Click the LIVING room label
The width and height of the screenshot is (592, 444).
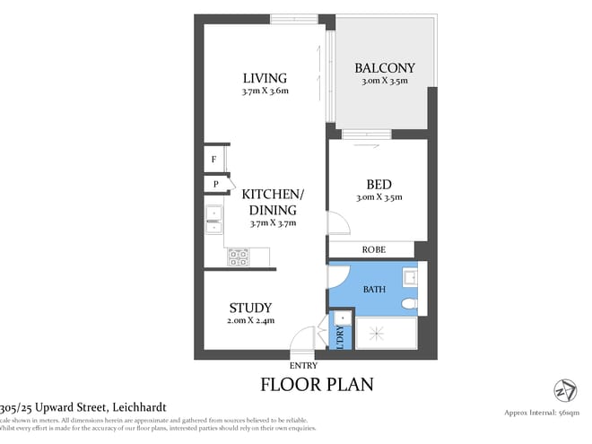[264, 77]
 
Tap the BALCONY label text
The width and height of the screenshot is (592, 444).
[384, 68]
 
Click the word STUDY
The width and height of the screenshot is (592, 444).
[250, 308]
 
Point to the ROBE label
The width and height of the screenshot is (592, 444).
[374, 250]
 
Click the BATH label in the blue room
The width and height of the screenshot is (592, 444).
[374, 289]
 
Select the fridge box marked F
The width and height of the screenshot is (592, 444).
[213, 160]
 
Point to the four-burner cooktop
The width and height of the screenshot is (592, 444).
[239, 257]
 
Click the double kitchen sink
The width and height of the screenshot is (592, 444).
[214, 220]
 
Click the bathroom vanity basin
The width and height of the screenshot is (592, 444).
[408, 276]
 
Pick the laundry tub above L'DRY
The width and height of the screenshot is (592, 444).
[341, 318]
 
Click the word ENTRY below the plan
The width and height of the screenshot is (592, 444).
[303, 366]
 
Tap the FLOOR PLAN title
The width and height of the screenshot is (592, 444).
[316, 386]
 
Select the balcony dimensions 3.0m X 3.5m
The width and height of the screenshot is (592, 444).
[384, 82]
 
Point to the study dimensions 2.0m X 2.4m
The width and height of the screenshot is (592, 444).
[250, 320]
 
